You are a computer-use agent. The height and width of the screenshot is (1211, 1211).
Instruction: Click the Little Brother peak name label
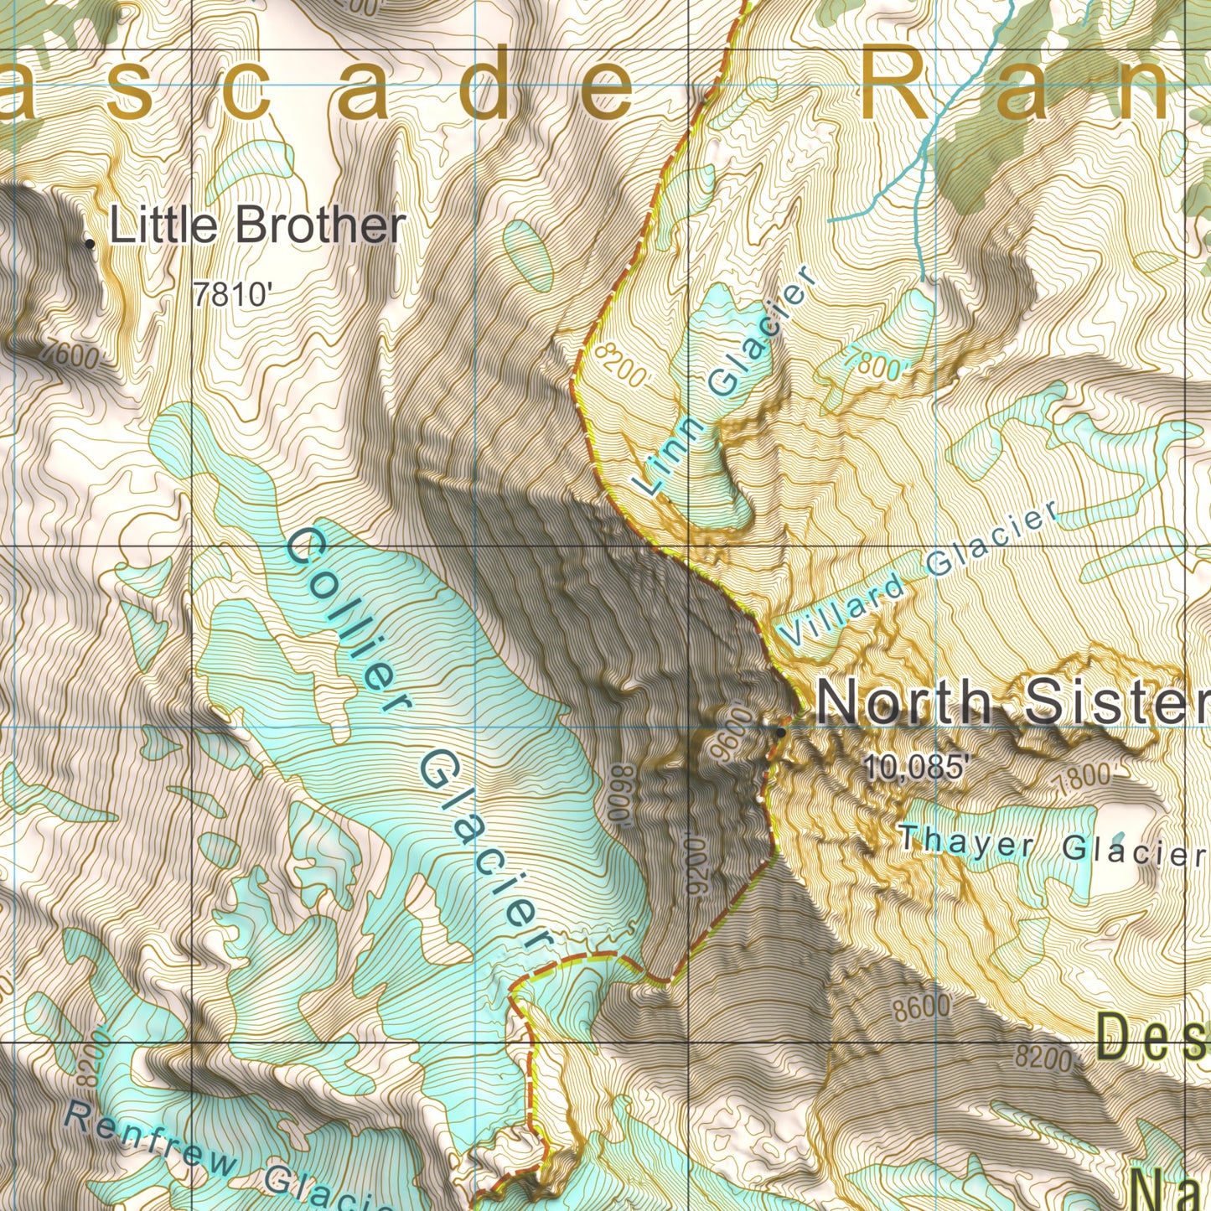pos(257,226)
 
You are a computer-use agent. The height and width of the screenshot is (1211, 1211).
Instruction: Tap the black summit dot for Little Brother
pos(90,243)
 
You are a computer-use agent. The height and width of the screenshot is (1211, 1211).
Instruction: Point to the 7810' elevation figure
pos(233,295)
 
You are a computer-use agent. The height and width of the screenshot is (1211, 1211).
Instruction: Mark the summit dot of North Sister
pos(781,732)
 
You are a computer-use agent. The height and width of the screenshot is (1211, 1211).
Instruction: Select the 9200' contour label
pos(696,863)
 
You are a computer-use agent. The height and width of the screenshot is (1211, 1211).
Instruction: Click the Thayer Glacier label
pos(1052,845)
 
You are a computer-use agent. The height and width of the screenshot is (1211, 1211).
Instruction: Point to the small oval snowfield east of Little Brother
pos(528,251)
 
